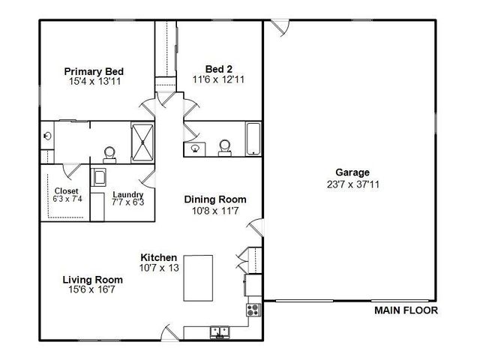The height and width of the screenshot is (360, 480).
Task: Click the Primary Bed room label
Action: [x=94, y=72]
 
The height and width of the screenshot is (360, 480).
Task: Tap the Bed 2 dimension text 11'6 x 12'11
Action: [x=218, y=79]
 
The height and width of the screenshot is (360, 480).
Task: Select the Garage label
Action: [x=352, y=172]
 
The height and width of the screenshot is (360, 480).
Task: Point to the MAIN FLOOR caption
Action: [x=406, y=310]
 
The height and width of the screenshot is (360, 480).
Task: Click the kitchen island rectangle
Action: [x=198, y=278]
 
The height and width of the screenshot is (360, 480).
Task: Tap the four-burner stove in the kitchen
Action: [x=253, y=310]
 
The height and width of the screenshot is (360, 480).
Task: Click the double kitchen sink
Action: [x=220, y=332]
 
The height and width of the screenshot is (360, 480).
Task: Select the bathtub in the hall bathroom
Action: [x=253, y=139]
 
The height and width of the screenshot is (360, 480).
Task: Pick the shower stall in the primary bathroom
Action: [x=142, y=142]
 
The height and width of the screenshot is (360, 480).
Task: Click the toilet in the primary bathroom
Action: [x=109, y=155]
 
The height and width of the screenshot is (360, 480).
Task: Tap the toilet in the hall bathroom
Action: [x=225, y=148]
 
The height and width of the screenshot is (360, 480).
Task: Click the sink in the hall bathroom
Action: [x=195, y=149]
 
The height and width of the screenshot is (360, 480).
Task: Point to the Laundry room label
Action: [x=128, y=195]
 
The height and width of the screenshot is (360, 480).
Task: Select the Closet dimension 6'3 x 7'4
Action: [x=67, y=199]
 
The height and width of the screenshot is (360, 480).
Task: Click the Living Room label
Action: [x=93, y=280]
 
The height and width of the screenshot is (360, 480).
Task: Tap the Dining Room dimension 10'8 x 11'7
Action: [x=215, y=211]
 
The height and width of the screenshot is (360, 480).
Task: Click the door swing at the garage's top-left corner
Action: [x=280, y=28]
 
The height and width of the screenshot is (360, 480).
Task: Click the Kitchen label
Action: [x=158, y=257]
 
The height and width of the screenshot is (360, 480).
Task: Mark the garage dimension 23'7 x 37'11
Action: [x=353, y=184]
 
